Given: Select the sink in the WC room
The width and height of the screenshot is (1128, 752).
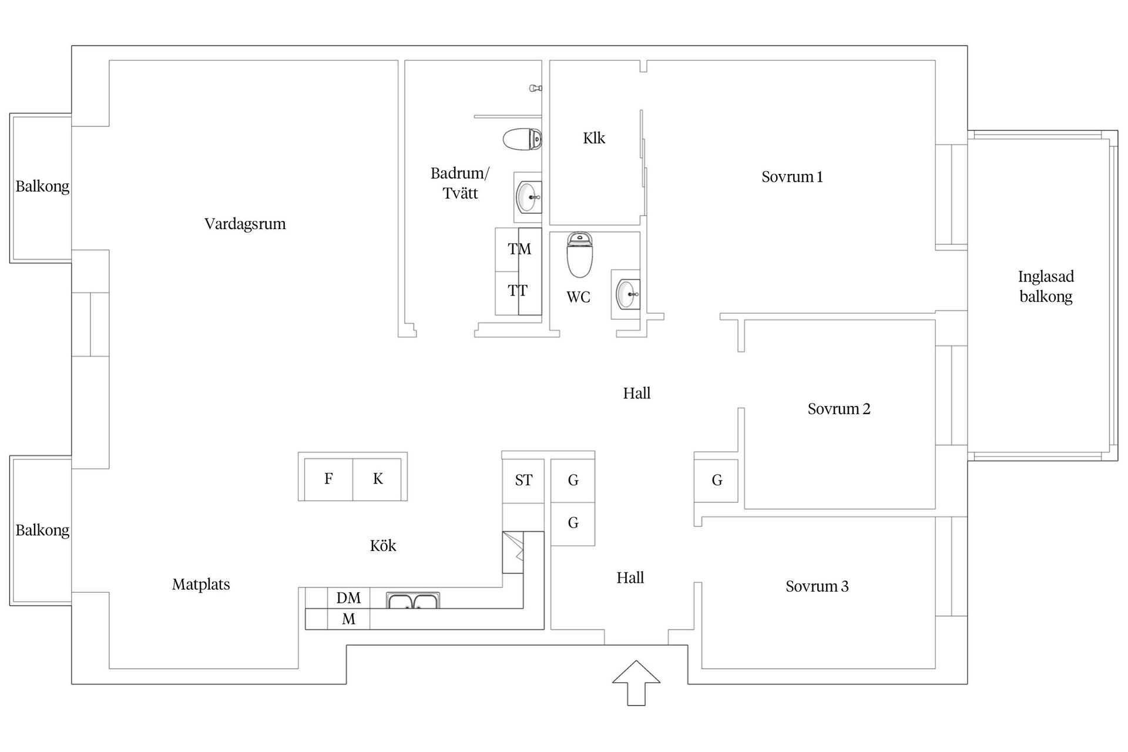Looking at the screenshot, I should click(626, 294).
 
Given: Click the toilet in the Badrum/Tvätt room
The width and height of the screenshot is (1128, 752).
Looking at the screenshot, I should click(522, 139).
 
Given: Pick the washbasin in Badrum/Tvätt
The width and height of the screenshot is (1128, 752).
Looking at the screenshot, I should click(528, 197).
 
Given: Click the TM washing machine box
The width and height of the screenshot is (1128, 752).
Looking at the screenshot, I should click(519, 249).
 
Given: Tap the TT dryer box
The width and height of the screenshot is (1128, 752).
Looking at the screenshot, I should click(518, 291).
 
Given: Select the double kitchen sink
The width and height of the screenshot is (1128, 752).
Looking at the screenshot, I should click(413, 600).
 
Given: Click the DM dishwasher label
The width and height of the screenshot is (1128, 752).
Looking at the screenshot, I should click(348, 598).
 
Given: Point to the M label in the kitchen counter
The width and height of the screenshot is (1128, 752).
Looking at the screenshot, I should click(348, 619).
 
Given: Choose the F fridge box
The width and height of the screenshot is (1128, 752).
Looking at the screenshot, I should click(328, 479).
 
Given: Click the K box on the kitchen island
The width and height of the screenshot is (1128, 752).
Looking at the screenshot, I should click(378, 479).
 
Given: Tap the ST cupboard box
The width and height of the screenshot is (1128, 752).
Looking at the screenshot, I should click(523, 481).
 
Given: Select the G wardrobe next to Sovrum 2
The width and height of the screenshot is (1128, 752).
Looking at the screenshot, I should click(717, 481).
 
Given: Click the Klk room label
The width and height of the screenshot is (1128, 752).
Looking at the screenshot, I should click(594, 138).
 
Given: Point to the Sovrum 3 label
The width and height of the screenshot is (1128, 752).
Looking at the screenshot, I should click(817, 586).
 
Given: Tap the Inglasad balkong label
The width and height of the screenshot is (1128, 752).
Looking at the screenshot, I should click(1046, 286).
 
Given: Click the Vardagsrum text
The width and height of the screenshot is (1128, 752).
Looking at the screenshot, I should click(245, 224).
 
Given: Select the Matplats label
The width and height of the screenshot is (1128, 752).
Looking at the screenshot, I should click(201, 585).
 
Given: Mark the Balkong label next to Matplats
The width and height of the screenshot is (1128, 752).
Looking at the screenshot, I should click(42, 530).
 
